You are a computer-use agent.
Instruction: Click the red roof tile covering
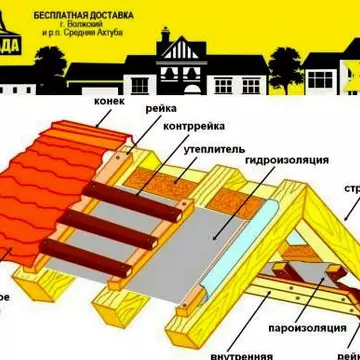click(40, 200)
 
